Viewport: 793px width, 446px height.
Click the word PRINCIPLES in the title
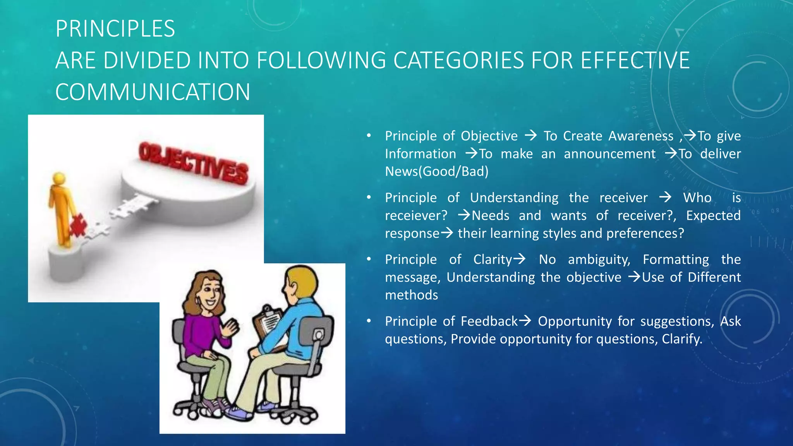115,29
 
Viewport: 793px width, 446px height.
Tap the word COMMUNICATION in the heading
153,93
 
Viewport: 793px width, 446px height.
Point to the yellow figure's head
59,179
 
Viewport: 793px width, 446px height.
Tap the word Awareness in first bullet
640,136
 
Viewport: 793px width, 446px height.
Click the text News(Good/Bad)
436,172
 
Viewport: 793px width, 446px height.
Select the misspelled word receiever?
416,216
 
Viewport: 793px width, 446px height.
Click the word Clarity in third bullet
493,259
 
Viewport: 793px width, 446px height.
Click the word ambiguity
599,259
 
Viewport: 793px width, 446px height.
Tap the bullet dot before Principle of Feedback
369,321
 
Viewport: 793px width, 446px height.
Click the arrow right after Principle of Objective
530,136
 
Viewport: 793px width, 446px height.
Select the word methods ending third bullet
411,295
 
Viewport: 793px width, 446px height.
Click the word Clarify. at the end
681,339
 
